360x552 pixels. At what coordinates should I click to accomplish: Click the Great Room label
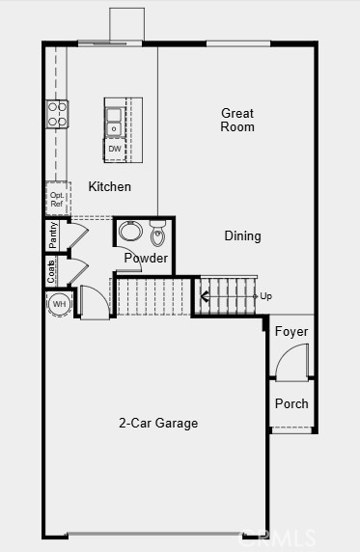(x=237, y=120)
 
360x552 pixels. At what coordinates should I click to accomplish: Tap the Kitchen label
(x=110, y=186)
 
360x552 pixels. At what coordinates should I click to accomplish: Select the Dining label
(x=242, y=235)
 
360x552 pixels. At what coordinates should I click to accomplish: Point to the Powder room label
(x=147, y=259)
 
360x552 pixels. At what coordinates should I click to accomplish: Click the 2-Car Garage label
(x=158, y=423)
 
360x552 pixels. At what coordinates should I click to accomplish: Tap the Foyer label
(x=291, y=332)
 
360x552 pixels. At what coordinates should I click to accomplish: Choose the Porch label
(x=291, y=403)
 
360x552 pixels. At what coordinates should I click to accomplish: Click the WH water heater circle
(x=60, y=304)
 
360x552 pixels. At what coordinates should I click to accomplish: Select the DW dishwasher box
(x=115, y=149)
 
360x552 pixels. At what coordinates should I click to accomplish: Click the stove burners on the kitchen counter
(x=57, y=114)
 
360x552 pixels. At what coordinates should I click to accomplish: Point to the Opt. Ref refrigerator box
(x=57, y=199)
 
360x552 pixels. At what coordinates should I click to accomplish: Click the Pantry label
(x=53, y=235)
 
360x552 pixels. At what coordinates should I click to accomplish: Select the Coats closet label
(x=52, y=271)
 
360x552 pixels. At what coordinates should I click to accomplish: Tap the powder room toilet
(x=158, y=235)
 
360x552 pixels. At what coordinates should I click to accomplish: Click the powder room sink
(x=131, y=233)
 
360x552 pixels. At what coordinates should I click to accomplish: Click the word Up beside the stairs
(x=265, y=296)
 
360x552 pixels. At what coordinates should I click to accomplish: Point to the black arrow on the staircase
(x=206, y=296)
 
